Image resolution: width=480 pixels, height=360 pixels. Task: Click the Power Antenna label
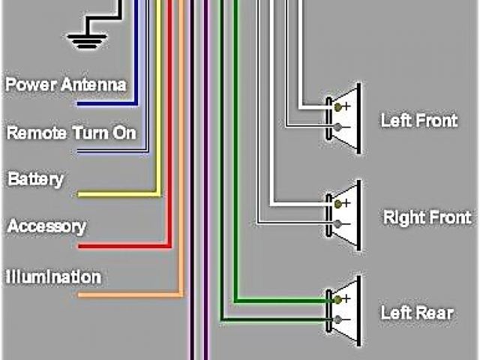pos(66,84)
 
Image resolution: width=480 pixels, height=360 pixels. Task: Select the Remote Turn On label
pos(71,133)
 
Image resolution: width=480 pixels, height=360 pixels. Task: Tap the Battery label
pos(35,180)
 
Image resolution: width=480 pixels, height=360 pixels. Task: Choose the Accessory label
pos(46,226)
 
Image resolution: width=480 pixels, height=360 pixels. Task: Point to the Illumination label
pos(53,277)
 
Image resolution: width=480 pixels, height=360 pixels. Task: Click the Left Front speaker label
pos(418,120)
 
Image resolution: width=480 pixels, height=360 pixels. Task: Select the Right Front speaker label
pos(427,217)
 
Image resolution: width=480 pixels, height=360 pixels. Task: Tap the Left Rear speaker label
pos(416,312)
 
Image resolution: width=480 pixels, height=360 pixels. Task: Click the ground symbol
pos(88,37)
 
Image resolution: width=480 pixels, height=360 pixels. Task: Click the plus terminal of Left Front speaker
pos(339,107)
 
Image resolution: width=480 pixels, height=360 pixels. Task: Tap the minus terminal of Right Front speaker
pos(339,224)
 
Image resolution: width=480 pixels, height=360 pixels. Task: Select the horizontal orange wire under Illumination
pos(127,295)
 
